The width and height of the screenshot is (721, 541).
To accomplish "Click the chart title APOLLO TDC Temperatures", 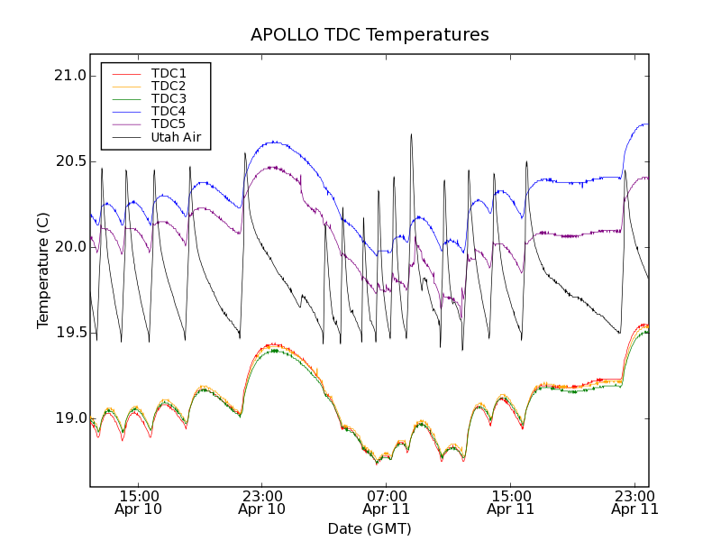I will pyautogui.click(x=370, y=35).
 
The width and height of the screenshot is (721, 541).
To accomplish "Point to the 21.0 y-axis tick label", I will pyautogui.click(x=69, y=76).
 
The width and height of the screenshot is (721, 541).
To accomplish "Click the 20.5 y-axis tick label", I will pyautogui.click(x=69, y=161).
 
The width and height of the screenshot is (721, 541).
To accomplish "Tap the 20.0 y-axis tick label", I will pyautogui.click(x=69, y=247).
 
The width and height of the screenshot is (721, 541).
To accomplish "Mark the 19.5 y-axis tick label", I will pyautogui.click(x=69, y=333).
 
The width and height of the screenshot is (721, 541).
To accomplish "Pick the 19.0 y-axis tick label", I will pyautogui.click(x=69, y=418).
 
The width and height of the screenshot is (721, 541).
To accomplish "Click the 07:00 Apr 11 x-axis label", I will pyautogui.click(x=386, y=502).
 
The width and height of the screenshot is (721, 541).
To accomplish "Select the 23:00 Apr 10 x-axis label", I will pyautogui.click(x=261, y=502).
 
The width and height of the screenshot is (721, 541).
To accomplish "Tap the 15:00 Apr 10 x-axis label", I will pyautogui.click(x=138, y=502).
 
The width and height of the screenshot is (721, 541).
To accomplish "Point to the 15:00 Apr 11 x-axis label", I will pyautogui.click(x=510, y=502).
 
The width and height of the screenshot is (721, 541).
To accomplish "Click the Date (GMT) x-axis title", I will pyautogui.click(x=370, y=528).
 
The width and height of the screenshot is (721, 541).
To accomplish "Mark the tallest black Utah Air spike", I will pyautogui.click(x=411, y=136).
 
